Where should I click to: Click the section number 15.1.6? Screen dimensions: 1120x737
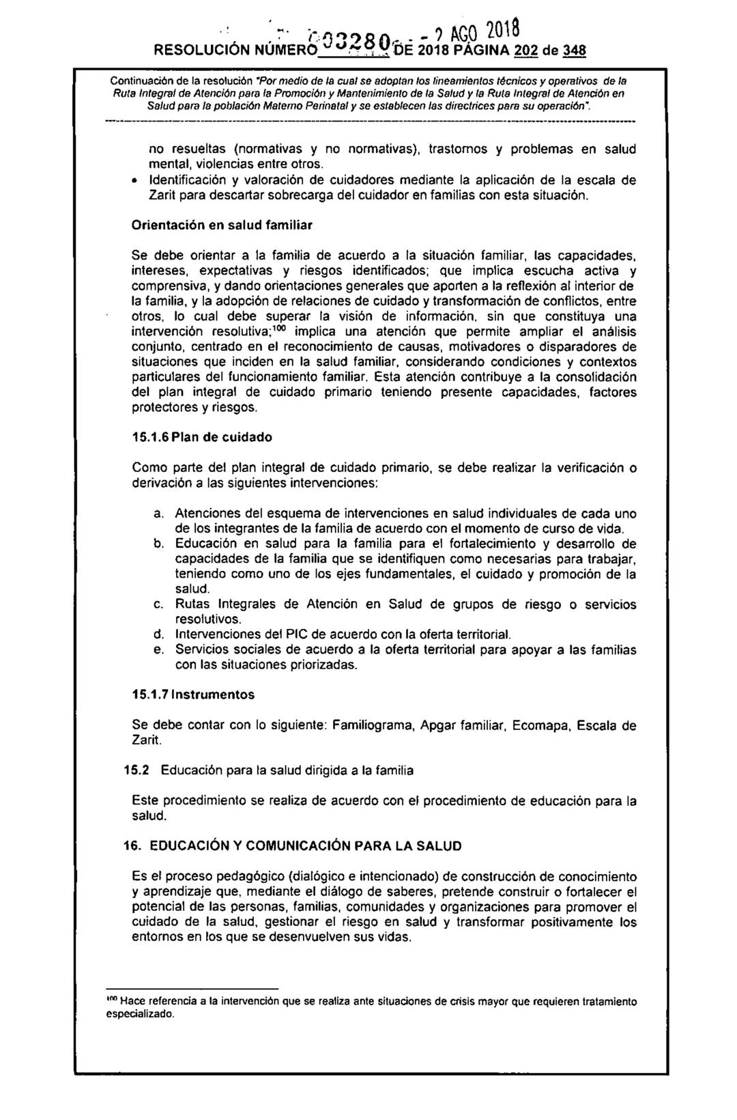(x=151, y=436)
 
